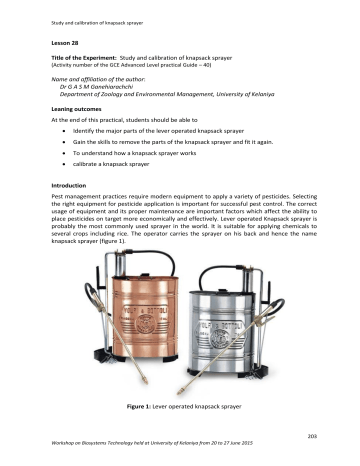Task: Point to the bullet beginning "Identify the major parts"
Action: click(x=151, y=130)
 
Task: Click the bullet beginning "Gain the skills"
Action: click(x=176, y=141)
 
